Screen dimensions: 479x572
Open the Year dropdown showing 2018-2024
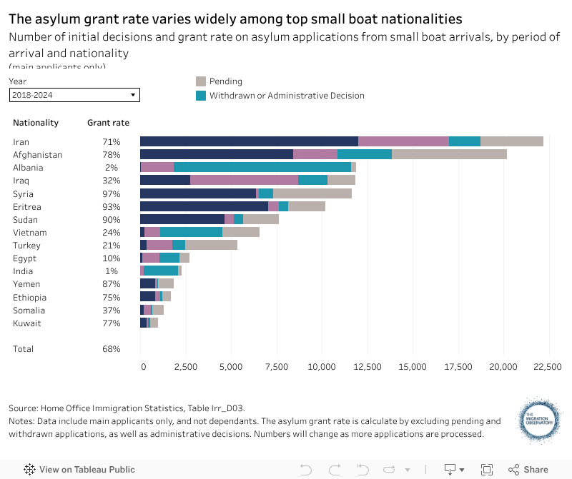74,95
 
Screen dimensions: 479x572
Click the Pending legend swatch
201,81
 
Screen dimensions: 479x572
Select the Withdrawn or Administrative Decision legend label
287,96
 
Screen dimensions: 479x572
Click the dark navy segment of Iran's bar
249,141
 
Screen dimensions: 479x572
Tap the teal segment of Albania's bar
262,167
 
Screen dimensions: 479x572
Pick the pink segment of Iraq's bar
244,180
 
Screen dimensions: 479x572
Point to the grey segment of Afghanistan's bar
449,154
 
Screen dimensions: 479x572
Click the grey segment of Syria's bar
312,193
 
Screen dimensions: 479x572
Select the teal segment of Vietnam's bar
191,232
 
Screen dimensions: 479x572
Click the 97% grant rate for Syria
111,193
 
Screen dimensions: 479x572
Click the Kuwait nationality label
26,323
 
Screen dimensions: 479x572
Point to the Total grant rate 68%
111,349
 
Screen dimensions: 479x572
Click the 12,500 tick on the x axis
367,367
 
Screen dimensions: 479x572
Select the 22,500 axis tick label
547,367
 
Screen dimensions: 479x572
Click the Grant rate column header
108,123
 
